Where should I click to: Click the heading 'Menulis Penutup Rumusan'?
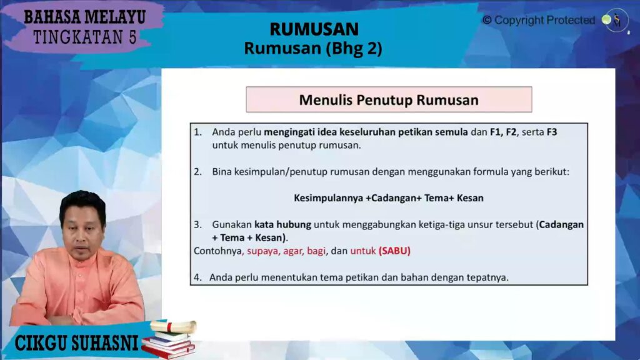point(388,100)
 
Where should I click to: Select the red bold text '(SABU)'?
point(394,251)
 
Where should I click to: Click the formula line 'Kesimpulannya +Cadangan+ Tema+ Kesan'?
point(388,197)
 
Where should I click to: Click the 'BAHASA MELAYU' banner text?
point(86,16)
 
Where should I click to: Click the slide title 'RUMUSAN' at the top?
point(314,29)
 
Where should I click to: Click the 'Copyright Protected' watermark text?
point(538,21)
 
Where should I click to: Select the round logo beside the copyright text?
point(615,21)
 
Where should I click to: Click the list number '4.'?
point(197,277)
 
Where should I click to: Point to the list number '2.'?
point(197,171)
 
